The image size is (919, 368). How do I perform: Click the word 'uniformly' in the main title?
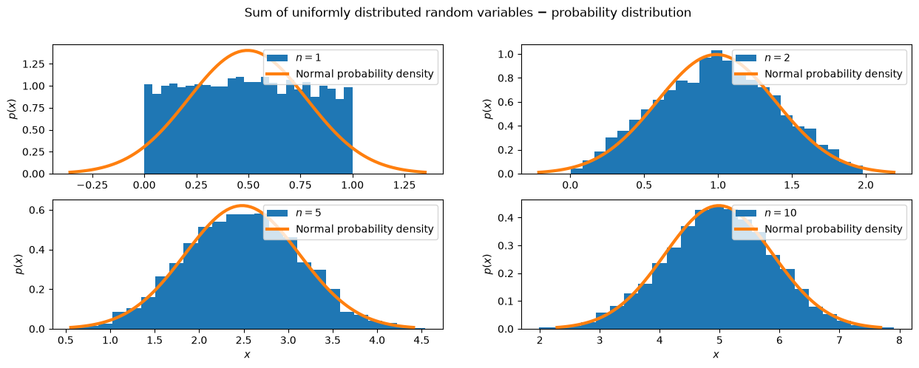(321, 13)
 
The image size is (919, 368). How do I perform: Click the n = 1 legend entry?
(294, 58)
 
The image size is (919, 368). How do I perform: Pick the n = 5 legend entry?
(294, 213)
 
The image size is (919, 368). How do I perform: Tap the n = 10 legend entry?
(766, 213)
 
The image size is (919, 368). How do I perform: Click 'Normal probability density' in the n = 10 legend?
(833, 229)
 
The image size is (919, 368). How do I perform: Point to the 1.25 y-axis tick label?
(33, 64)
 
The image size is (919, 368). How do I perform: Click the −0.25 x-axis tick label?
(92, 185)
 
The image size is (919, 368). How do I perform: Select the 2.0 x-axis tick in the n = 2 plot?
(866, 185)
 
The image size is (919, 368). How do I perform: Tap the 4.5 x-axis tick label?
(421, 341)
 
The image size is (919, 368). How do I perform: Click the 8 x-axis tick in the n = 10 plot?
(899, 341)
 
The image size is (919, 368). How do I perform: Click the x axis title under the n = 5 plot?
(247, 354)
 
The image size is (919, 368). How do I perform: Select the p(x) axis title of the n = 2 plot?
(488, 109)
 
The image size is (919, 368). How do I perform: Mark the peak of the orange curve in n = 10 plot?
(719, 205)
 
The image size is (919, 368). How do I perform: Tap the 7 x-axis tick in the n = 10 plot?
(839, 341)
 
